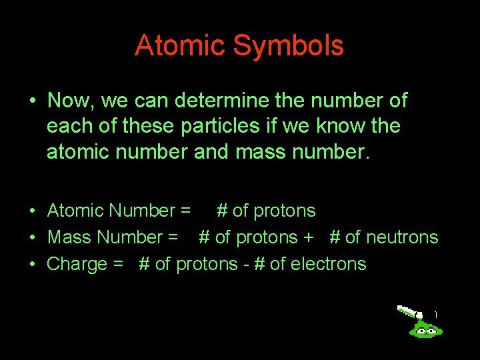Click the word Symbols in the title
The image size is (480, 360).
(289, 46)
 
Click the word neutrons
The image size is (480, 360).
(401, 237)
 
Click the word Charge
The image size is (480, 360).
(77, 264)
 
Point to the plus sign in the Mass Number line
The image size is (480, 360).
(309, 238)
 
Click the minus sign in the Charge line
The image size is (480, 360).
(245, 265)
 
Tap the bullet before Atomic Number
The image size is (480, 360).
(32, 211)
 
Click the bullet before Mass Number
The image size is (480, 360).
(32, 238)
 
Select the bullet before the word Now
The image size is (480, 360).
(32, 102)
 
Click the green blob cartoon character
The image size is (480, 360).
(425, 327)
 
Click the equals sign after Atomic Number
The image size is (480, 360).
(185, 211)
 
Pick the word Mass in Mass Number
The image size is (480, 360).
(71, 237)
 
